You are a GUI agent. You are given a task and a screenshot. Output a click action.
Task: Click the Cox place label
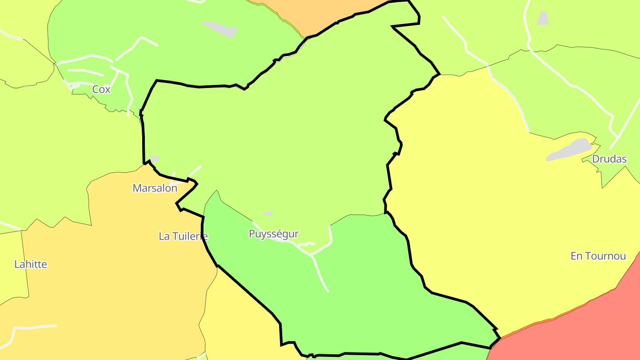(101, 89)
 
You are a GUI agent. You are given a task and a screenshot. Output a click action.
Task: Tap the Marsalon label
(155, 188)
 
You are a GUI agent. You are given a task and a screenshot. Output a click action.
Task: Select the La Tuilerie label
(183, 236)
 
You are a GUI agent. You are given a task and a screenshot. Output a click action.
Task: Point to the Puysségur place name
(273, 234)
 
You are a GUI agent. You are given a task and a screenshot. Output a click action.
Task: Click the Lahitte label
(31, 264)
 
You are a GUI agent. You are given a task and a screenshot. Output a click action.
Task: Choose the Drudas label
(609, 159)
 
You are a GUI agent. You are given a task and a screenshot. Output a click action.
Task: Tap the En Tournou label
(598, 256)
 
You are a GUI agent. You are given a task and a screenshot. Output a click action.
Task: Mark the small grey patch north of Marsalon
(154, 159)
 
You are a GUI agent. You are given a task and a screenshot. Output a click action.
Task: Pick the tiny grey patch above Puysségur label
(268, 214)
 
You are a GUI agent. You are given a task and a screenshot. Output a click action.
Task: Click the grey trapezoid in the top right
(543, 18)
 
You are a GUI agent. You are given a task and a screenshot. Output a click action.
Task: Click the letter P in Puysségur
(252, 234)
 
